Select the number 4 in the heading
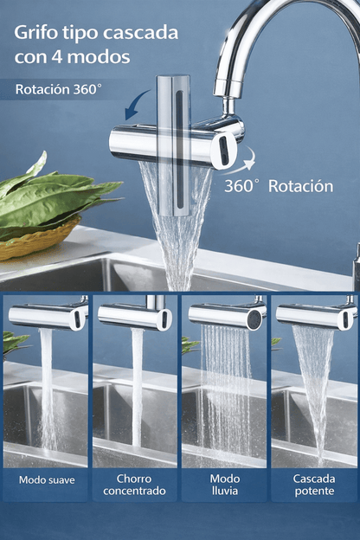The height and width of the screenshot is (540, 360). (57, 56)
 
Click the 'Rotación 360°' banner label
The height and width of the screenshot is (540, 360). (59, 89)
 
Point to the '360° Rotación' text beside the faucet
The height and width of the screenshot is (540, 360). (279, 186)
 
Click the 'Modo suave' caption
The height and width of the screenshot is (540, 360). (47, 479)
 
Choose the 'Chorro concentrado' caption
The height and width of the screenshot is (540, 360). (134, 485)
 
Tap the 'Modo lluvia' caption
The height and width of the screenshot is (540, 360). (225, 485)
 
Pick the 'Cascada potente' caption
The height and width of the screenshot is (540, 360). (314, 485)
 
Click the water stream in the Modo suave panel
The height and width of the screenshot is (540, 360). (48, 389)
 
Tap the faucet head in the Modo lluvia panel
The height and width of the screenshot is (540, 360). (228, 317)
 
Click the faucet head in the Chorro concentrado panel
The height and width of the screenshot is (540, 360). (135, 318)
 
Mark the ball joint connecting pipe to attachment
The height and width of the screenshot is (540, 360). (229, 106)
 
